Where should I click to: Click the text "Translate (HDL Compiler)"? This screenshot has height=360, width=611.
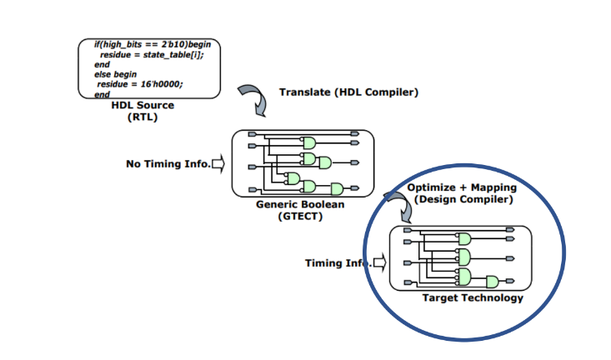click(x=348, y=92)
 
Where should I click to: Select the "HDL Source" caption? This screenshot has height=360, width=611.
click(x=143, y=105)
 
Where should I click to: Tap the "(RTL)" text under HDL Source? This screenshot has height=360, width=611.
click(x=143, y=117)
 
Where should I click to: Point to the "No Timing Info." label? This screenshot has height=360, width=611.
click(x=168, y=164)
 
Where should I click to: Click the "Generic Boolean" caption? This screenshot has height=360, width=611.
click(x=300, y=204)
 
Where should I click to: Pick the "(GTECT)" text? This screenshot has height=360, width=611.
click(x=300, y=216)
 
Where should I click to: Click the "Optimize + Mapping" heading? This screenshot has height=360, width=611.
click(x=462, y=187)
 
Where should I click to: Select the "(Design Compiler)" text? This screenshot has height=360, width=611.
click(x=463, y=199)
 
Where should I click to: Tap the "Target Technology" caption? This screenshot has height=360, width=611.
click(x=473, y=298)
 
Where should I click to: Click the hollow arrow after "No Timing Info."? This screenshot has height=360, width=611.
click(x=218, y=163)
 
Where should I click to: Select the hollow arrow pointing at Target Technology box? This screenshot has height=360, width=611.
click(x=380, y=262)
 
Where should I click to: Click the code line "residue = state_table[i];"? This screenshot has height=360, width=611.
click(x=152, y=55)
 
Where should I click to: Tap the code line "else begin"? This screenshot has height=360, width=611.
click(x=115, y=74)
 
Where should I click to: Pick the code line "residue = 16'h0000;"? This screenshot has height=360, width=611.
click(x=140, y=84)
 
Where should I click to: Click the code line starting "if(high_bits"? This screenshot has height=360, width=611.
click(x=153, y=44)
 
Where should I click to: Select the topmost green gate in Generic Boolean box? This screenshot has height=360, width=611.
click(x=309, y=143)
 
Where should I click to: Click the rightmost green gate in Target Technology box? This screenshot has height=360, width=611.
click(x=493, y=282)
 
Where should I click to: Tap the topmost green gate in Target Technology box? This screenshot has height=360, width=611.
click(x=464, y=239)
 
